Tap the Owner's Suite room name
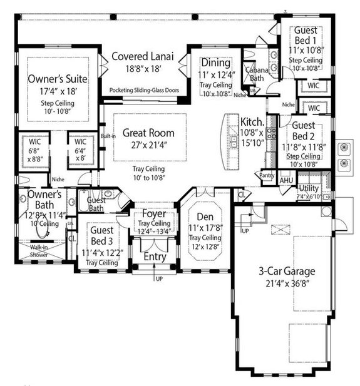point(57,79)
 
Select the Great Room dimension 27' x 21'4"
point(148,145)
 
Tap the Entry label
point(153,256)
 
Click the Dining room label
point(216,62)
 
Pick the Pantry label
point(267,176)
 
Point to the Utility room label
point(309,188)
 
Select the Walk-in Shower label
point(40,251)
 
